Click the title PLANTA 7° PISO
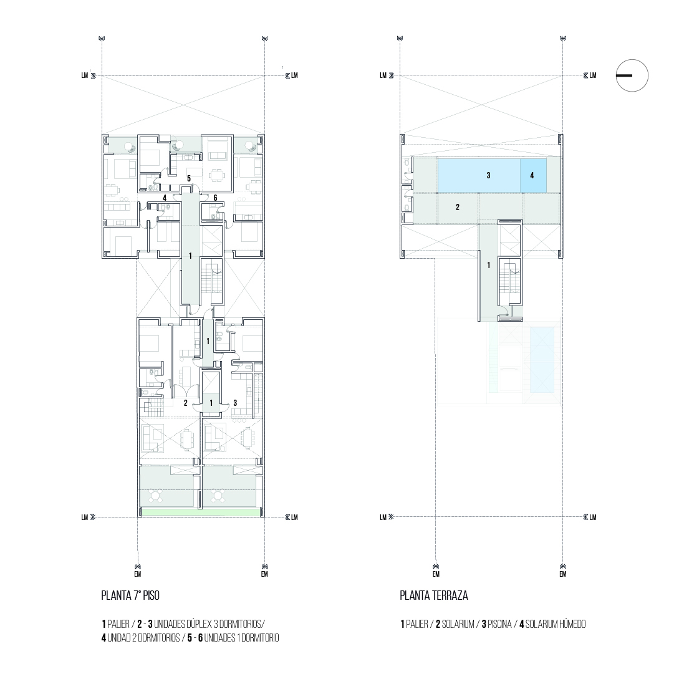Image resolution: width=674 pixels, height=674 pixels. tap(130, 595)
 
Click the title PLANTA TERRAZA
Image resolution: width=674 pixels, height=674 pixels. tap(434, 595)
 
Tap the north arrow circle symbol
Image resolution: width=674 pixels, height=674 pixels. tap(632, 75)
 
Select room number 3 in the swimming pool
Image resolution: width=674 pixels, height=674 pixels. tap(488, 175)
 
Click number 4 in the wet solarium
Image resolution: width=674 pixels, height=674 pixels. tap(532, 175)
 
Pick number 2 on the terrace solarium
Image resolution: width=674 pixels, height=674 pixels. tap(458, 207)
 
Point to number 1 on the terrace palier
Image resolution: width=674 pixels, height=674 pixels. tap(488, 265)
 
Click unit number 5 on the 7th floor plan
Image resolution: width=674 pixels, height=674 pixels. tap(189, 178)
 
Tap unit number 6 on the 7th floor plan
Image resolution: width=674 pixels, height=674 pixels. tap(215, 198)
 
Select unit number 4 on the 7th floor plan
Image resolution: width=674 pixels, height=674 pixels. tap(165, 198)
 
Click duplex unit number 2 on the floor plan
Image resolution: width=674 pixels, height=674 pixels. tap(186, 403)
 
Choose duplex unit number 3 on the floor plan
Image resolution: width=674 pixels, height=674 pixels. tap(235, 403)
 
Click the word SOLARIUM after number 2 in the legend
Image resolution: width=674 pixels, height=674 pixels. tap(458, 623)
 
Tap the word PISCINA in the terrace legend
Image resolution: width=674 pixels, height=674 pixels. tap(499, 623)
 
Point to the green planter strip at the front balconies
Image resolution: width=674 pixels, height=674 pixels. tap(200, 513)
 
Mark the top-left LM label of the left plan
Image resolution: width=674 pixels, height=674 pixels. tap(85, 75)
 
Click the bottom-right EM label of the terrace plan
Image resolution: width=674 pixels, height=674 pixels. tap(562, 574)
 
